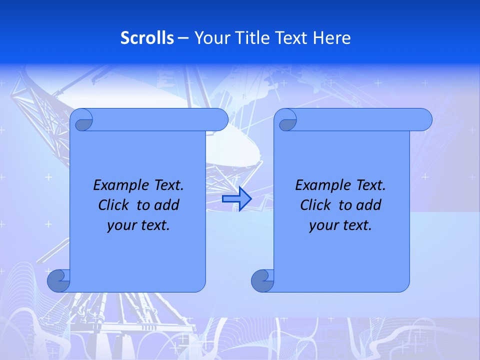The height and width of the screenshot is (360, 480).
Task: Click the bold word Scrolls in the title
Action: tap(147, 38)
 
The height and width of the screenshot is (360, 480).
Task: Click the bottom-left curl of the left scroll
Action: tap(58, 280)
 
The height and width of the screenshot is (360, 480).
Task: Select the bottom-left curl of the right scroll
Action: tap(262, 280)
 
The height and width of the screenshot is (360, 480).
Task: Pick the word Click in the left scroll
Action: tap(114, 205)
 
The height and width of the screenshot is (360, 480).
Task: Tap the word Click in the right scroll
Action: tap(315, 205)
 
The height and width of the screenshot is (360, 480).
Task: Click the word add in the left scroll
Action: tap(167, 205)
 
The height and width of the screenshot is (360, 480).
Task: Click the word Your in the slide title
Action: tap(211, 38)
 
